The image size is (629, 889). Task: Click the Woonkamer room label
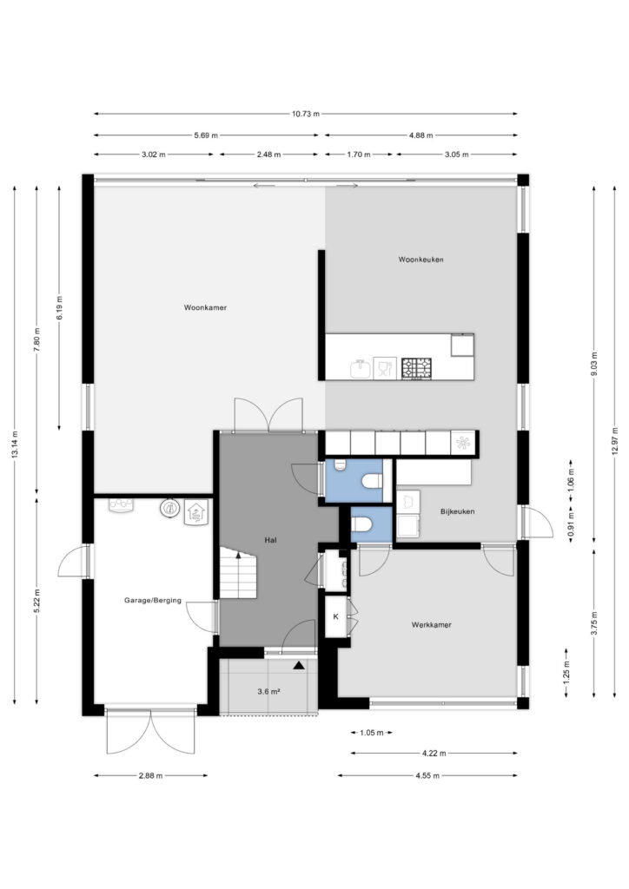[x=205, y=308]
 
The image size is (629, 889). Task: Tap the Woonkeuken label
[x=420, y=260]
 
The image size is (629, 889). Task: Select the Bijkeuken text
[x=457, y=511]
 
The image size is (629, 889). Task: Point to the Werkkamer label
[x=432, y=625]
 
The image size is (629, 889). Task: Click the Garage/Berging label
[x=153, y=600]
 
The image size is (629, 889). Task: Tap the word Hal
[x=270, y=540]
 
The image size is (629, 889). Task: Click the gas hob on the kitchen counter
[x=416, y=368]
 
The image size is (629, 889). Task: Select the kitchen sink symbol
[x=361, y=369]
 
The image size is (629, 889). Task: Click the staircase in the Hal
[x=238, y=573]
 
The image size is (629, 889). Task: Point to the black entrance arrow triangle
[x=298, y=666]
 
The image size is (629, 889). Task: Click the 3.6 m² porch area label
[x=269, y=691]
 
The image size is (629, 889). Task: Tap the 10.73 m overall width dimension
[x=306, y=114]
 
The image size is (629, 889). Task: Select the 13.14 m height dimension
[x=15, y=444]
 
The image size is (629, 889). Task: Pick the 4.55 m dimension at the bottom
[x=427, y=775]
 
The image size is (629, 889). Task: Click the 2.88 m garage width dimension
[x=151, y=775]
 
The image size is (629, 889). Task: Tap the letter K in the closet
[x=335, y=617]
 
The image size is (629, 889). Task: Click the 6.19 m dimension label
[x=60, y=307]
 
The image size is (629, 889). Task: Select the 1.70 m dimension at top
[x=359, y=155]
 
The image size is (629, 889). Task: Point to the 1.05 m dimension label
[x=372, y=733]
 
